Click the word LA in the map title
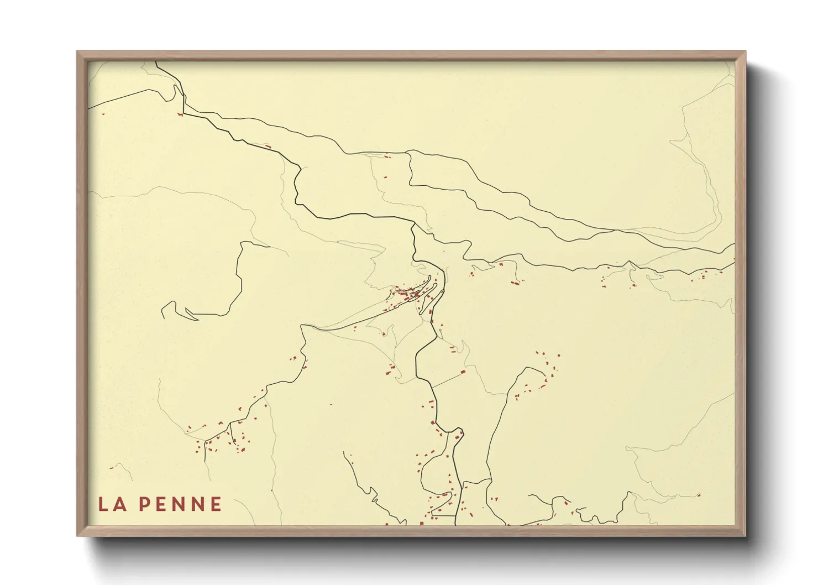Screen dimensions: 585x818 111,504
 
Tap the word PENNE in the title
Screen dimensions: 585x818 180,504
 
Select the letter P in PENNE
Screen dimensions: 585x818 144,504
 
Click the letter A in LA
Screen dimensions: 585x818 119,504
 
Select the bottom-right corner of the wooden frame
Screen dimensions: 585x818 745,535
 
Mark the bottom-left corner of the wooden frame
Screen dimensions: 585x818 78,535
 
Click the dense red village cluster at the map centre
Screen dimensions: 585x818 412,293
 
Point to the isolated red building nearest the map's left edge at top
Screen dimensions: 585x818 102,114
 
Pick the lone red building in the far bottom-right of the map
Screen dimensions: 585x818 699,495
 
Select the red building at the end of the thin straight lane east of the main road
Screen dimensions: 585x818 463,372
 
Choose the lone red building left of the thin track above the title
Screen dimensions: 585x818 112,468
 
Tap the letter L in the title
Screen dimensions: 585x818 103,504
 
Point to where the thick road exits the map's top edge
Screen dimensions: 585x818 156,62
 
